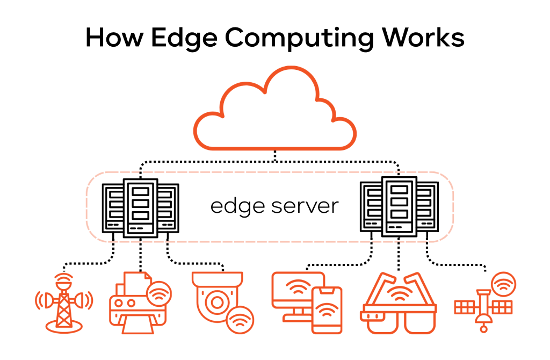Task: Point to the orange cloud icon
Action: pos(274,110)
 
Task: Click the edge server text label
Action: pos(274,206)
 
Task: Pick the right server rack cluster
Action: pos(399,207)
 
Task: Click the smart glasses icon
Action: pos(399,304)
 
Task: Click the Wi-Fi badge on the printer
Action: pos(159,294)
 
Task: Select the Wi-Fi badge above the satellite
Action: pos(503,285)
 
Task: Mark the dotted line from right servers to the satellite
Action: pos(457,264)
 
